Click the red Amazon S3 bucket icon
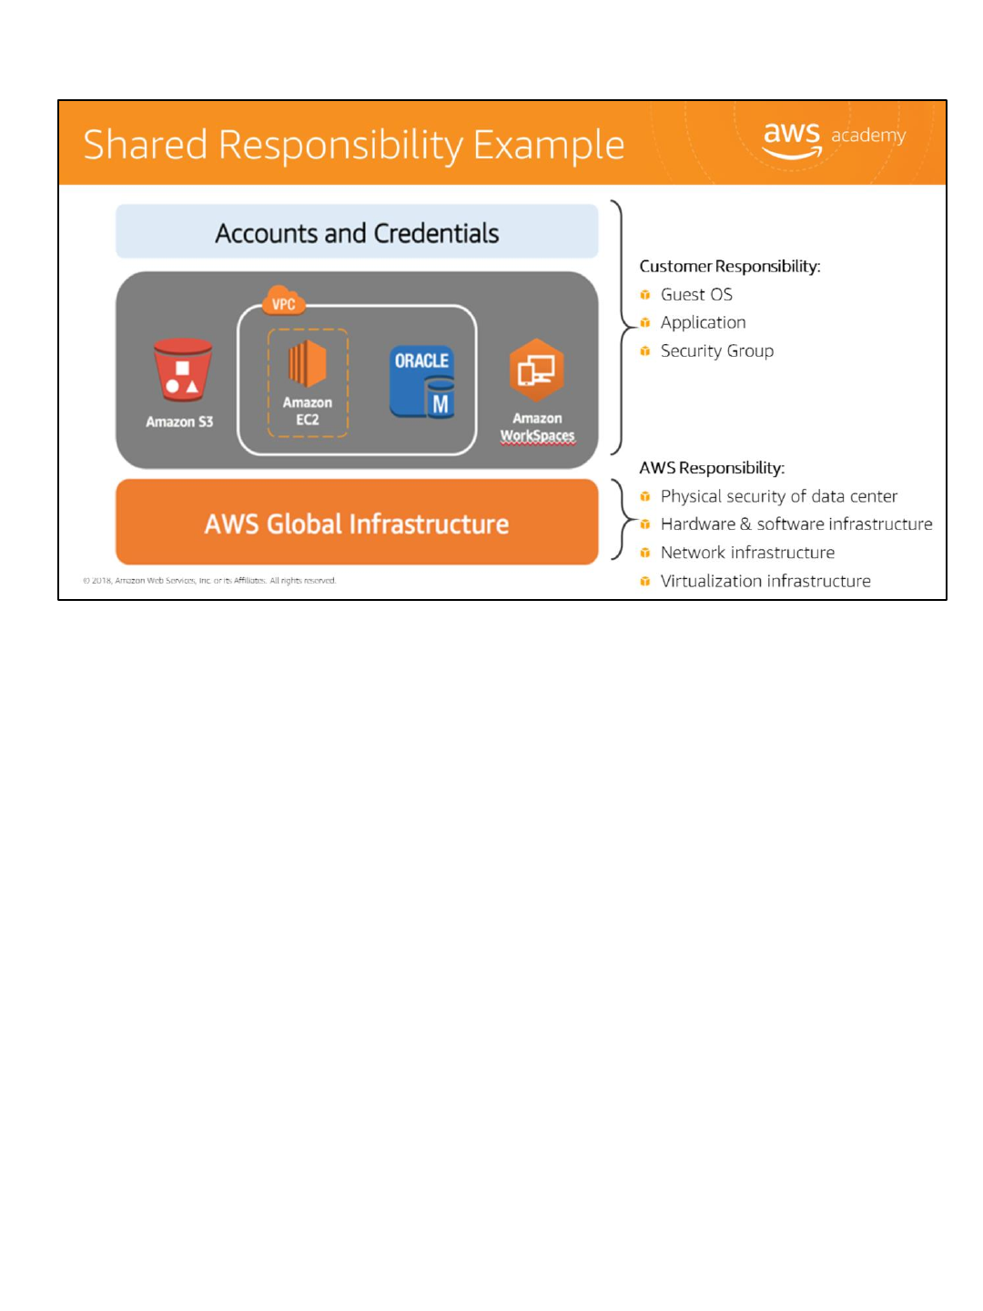pos(182,371)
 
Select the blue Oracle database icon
pos(422,381)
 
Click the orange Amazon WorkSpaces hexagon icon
pos(536,370)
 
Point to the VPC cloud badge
pos(283,302)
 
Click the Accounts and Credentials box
pos(357,232)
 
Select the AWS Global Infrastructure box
pos(357,523)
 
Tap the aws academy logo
pos(833,139)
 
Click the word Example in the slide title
pos(549,145)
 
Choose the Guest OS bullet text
pos(696,294)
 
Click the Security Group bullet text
pos(717,351)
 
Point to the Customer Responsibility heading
pos(730,266)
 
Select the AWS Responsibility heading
pos(712,468)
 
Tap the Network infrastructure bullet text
pos(747,553)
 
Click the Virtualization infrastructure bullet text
pos(765,581)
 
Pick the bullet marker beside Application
pos(645,322)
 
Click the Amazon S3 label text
pos(179,422)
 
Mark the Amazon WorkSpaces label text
pos(537,427)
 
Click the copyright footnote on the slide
pos(209,580)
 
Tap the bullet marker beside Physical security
pos(645,496)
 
